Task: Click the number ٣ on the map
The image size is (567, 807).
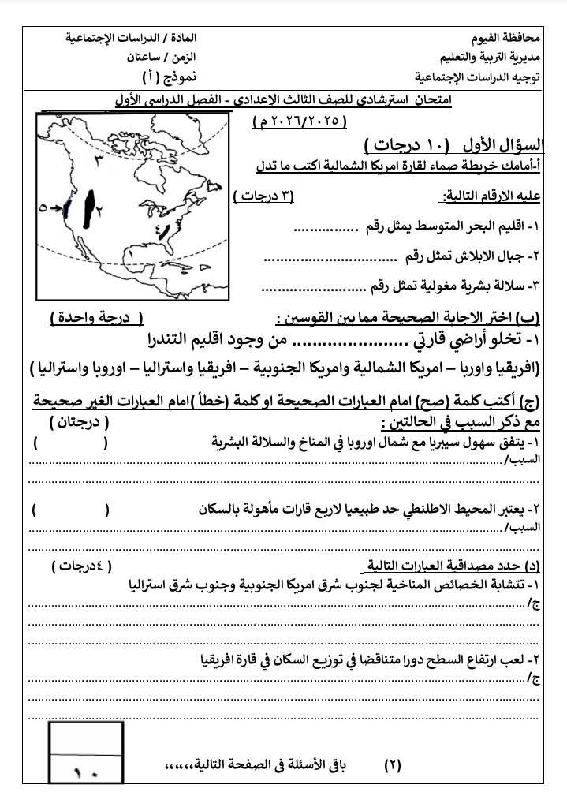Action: pos(99,159)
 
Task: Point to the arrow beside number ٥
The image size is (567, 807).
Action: pos(58,208)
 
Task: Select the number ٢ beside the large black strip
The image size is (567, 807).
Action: pos(102,207)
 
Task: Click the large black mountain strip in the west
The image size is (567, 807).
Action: pos(91,204)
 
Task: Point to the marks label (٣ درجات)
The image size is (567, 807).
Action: pos(264,196)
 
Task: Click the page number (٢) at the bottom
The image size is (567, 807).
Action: pos(392,764)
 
